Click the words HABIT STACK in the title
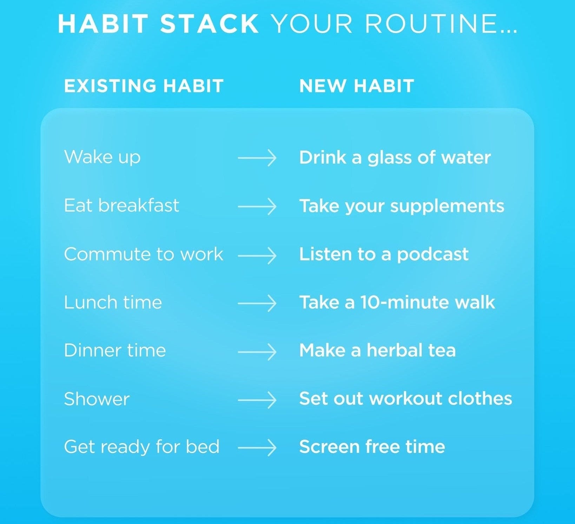pyautogui.click(x=158, y=24)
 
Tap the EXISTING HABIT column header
pyautogui.click(x=144, y=86)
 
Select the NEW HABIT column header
pyautogui.click(x=357, y=86)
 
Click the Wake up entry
pyautogui.click(x=102, y=157)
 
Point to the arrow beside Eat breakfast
pyautogui.click(x=257, y=206)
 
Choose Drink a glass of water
pyautogui.click(x=395, y=158)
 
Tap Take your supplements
pyautogui.click(x=402, y=206)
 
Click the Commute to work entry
pyautogui.click(x=144, y=254)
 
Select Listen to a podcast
pyautogui.click(x=384, y=254)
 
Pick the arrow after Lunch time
pyautogui.click(x=257, y=303)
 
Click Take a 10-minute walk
pyautogui.click(x=397, y=302)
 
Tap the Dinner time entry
pyautogui.click(x=115, y=351)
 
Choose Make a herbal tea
pyautogui.click(x=377, y=351)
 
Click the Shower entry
pyautogui.click(x=97, y=399)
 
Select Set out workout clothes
pyautogui.click(x=405, y=399)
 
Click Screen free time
pyautogui.click(x=372, y=447)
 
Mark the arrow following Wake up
pyautogui.click(x=257, y=158)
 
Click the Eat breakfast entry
pyautogui.click(x=121, y=205)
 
